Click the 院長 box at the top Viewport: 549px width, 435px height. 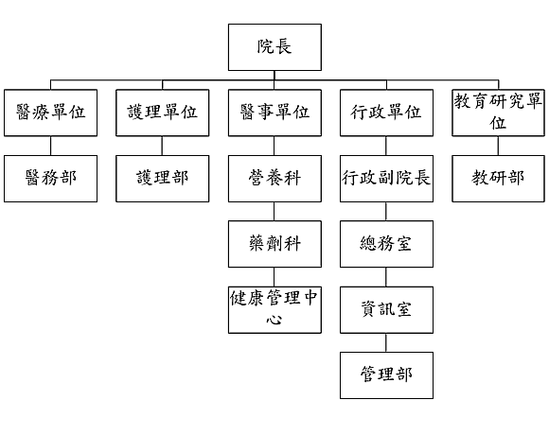(x=274, y=47)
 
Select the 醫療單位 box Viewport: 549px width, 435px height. (x=50, y=113)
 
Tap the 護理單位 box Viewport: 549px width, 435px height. (x=163, y=113)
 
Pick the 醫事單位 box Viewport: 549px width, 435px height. (x=274, y=113)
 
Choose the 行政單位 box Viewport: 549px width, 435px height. (x=386, y=113)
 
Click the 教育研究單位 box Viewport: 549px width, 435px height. (x=498, y=113)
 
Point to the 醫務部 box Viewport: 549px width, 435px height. (x=50, y=179)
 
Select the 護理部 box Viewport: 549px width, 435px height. (x=163, y=179)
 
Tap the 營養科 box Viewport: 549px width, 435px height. (x=274, y=179)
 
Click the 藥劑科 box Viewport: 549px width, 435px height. (x=274, y=244)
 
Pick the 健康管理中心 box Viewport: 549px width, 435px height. (x=274, y=310)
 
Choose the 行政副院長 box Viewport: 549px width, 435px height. (x=386, y=179)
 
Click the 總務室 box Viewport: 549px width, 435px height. (x=386, y=244)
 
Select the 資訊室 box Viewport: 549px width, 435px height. (x=386, y=310)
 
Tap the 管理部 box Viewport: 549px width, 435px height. (x=386, y=375)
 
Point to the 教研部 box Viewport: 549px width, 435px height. (x=498, y=179)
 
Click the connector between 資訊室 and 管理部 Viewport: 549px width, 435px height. (x=386, y=342)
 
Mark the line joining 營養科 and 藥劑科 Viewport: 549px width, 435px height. (x=274, y=212)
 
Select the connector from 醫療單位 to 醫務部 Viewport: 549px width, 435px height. (x=50, y=146)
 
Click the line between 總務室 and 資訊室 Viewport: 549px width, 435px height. (x=386, y=277)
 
